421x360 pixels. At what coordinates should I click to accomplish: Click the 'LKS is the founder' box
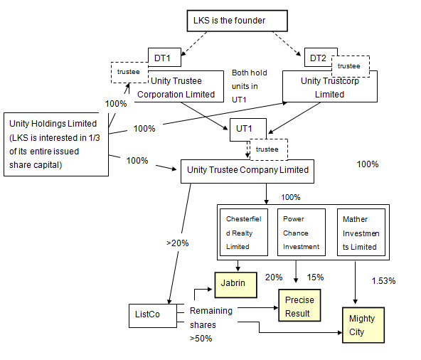237,21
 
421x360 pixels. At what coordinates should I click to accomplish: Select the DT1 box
164,57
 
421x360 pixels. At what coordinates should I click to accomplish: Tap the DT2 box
318,57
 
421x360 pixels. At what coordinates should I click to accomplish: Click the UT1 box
248,129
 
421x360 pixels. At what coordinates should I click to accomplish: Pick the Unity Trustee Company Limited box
247,171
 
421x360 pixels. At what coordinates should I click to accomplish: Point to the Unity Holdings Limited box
56,144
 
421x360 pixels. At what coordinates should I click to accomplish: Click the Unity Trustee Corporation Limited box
178,87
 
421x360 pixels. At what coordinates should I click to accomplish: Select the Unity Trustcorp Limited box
330,87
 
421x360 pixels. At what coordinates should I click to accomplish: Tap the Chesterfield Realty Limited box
244,233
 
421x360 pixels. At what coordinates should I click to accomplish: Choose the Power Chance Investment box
302,233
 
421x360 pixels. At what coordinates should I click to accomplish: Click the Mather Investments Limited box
361,233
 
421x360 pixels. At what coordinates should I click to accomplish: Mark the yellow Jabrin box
235,285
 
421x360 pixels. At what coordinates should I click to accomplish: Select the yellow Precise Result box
299,305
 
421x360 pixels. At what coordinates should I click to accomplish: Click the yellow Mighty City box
363,325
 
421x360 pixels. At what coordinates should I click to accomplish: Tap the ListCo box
153,316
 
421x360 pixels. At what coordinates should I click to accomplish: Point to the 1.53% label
383,281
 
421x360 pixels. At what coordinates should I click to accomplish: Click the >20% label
178,243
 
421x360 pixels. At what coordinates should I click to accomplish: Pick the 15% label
315,277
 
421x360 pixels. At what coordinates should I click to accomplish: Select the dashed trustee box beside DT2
351,66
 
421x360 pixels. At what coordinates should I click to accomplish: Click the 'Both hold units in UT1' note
250,86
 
